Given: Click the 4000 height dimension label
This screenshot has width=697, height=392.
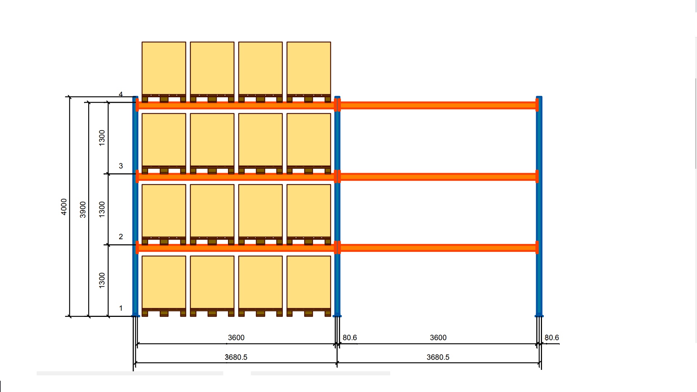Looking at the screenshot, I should [64, 207].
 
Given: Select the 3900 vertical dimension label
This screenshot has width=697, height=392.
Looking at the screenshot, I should [83, 209].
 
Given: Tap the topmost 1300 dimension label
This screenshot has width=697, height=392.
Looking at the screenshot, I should [102, 138].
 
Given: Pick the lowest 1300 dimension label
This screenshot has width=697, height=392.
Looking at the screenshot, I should [102, 281].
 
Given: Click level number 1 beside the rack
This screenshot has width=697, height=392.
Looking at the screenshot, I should [121, 308].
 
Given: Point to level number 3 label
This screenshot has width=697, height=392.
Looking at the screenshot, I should [121, 166].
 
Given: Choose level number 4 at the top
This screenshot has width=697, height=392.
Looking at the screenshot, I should [121, 94].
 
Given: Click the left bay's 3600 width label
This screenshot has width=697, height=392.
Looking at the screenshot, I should [236, 338].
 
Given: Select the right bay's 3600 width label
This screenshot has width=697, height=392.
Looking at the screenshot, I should [438, 338].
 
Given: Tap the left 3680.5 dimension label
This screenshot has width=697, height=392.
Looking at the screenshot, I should [236, 357].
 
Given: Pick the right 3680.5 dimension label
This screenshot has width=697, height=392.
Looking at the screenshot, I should [438, 357].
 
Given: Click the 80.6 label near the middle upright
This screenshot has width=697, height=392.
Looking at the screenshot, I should [350, 338].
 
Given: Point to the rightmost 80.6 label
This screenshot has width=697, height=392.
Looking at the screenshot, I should [551, 338].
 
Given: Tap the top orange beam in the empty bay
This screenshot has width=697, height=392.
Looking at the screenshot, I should [438, 105].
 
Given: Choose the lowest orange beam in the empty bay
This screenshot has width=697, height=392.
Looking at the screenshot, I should [438, 248].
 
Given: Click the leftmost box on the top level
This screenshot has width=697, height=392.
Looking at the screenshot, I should [164, 68].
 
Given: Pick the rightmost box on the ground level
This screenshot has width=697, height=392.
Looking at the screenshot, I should [309, 282].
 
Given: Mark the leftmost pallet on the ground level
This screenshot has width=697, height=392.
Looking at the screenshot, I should [164, 313].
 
